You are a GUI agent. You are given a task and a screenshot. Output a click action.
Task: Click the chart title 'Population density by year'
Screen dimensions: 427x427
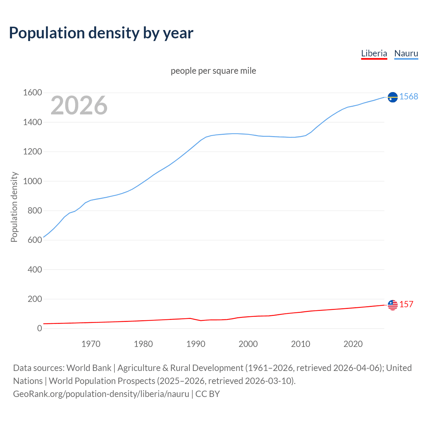click(101, 33)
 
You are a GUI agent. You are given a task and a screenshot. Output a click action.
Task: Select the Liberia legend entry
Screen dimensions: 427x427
click(374, 53)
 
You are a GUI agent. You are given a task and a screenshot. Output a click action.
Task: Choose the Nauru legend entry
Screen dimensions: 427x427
click(406, 53)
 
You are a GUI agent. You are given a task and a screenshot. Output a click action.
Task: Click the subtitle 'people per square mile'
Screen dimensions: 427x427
click(213, 71)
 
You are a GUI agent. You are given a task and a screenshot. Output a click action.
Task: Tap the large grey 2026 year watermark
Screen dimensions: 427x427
click(79, 105)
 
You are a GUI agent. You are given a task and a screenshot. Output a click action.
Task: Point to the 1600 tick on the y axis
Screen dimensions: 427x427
click(32, 93)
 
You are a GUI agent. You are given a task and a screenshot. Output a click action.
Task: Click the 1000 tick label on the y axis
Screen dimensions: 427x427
click(32, 181)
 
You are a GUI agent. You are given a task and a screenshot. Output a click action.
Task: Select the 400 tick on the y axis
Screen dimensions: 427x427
click(35, 270)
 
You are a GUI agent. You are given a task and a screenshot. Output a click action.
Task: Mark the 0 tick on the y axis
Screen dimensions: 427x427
click(40, 329)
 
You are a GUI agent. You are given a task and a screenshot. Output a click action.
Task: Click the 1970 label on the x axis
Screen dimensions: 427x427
click(91, 344)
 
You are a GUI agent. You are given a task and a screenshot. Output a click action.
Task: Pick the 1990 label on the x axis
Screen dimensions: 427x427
click(196, 344)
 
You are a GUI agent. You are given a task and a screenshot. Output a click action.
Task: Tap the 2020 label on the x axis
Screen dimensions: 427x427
click(353, 344)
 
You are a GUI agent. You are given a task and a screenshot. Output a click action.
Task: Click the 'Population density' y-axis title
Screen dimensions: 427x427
click(14, 207)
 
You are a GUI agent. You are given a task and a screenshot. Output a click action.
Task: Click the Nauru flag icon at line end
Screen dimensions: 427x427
click(393, 97)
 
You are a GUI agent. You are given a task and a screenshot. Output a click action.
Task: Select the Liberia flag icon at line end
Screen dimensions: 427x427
click(393, 305)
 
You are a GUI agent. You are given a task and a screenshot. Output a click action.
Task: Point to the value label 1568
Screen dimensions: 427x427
click(409, 96)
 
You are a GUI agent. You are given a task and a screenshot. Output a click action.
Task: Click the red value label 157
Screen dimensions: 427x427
click(406, 304)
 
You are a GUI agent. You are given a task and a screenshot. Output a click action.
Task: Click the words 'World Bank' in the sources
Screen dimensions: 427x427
click(89, 368)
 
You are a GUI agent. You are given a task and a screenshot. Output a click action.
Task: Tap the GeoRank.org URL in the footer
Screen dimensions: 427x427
click(101, 394)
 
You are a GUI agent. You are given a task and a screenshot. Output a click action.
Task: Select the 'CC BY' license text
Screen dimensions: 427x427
click(207, 394)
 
